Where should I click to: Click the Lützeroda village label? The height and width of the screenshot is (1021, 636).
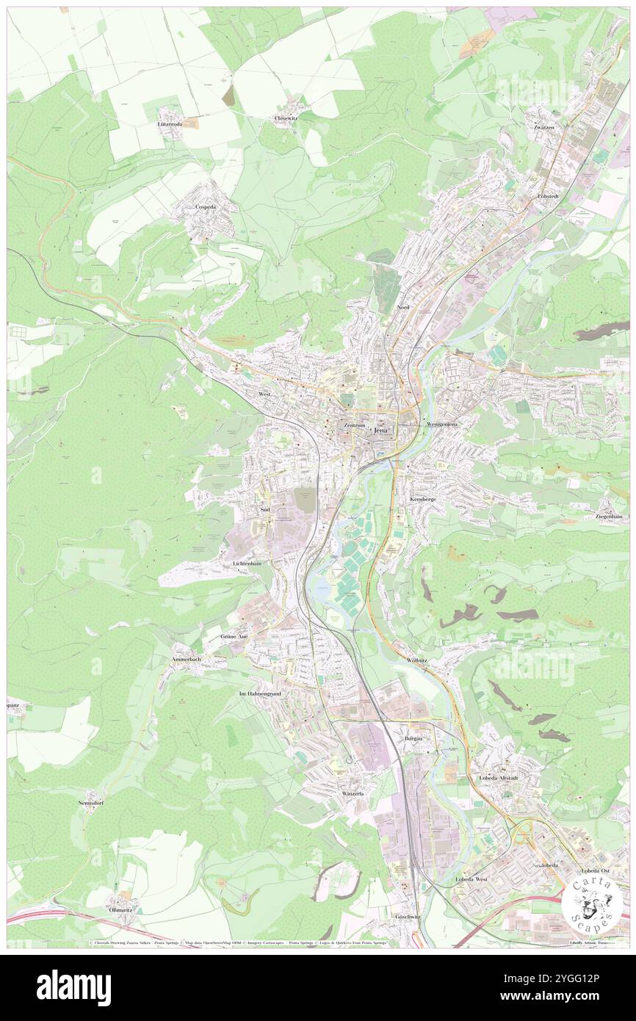(x=170, y=124)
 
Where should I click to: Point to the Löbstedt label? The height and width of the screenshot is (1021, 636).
(x=549, y=197)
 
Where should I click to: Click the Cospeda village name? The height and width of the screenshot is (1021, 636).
(x=205, y=207)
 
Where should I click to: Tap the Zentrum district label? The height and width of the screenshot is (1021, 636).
(x=350, y=426)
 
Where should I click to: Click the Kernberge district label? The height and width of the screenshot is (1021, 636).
(x=423, y=499)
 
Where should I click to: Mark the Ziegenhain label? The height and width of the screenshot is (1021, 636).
(x=610, y=517)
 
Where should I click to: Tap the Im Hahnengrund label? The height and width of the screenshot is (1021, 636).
(x=261, y=693)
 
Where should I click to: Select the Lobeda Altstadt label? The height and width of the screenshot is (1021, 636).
(x=499, y=778)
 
